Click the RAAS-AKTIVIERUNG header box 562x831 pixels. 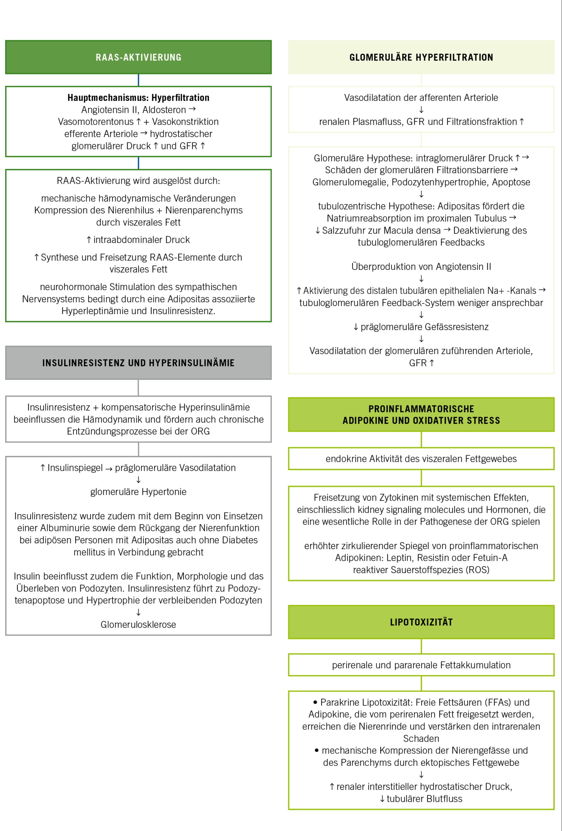coord(138,57)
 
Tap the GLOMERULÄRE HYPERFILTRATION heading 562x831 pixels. coord(421,57)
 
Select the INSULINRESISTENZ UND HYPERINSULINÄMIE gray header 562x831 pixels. coord(138,363)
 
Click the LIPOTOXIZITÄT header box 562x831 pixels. coord(421,622)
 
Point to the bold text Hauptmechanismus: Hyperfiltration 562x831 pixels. coord(138,98)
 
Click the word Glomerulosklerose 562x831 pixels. coord(138,624)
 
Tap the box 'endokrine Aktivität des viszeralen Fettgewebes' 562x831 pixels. coord(421,458)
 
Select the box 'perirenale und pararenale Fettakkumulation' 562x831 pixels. coord(421,665)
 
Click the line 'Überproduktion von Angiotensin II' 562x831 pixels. coord(421,266)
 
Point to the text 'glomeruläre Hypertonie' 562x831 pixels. coord(138,492)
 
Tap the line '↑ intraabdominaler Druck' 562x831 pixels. coord(138,240)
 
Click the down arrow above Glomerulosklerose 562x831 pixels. coord(138,612)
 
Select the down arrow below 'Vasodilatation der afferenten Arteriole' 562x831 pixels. coord(421,110)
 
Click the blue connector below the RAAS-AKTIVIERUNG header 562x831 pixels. coord(138,80)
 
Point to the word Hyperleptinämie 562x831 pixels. coord(94,311)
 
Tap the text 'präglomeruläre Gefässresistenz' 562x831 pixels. coord(424,327)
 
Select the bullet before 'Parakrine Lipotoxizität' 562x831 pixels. coord(315,702)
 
